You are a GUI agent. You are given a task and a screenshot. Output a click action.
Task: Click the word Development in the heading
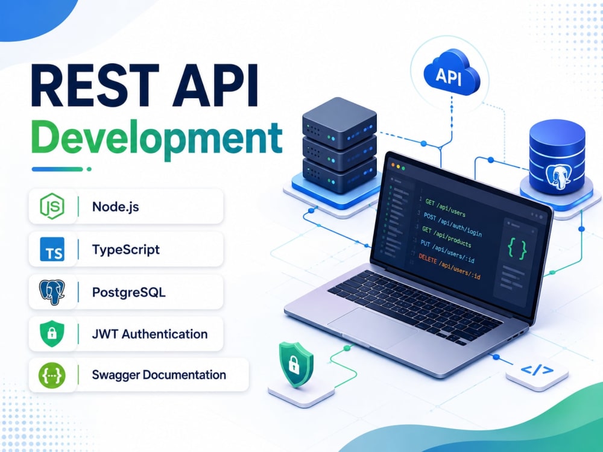point(157,139)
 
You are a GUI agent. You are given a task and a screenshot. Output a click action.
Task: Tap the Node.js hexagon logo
point(52,206)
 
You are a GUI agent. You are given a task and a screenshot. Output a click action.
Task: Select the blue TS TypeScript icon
point(52,250)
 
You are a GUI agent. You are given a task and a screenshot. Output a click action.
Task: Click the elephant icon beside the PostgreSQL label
point(52,292)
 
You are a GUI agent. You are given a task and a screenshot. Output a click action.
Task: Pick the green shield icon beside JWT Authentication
point(52,334)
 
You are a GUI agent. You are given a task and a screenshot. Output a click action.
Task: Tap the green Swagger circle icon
point(52,375)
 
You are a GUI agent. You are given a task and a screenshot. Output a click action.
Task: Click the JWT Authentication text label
point(150,334)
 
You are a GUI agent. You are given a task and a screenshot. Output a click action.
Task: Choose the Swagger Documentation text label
point(159,375)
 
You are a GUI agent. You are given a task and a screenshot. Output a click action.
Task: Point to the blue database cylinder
point(557,157)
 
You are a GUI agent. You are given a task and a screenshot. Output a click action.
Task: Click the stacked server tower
point(339,146)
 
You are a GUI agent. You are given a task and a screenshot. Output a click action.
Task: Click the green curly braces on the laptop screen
point(517,248)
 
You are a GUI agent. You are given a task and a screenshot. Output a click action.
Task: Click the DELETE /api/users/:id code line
point(449,266)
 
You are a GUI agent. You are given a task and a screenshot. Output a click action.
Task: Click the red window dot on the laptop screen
point(393,165)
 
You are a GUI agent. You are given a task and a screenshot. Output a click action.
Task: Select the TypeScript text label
point(126,250)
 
